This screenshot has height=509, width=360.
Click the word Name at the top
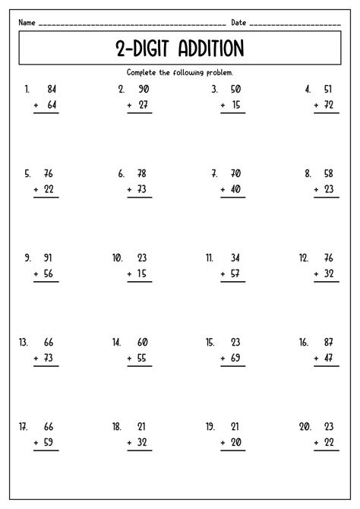pos(27,23)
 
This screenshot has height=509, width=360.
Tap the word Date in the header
pos(238,23)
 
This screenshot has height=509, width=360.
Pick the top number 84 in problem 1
pos(51,88)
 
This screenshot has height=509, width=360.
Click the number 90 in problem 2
pos(144,88)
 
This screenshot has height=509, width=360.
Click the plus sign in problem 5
pos(36,189)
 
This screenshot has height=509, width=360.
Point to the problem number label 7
pos(216,173)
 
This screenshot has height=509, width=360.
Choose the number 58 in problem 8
pos(328,173)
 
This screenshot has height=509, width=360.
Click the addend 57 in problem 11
pos(237,273)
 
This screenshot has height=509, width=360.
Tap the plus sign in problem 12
pos(314,273)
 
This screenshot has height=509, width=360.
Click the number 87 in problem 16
pos(328,343)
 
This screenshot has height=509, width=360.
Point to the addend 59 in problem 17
pos(51,443)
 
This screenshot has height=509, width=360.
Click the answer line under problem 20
pos(324,451)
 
